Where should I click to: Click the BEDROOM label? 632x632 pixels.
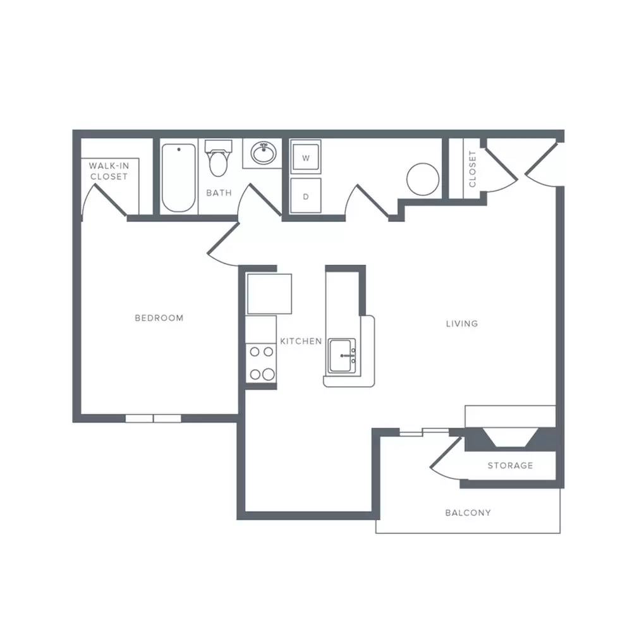pyautogui.click(x=159, y=318)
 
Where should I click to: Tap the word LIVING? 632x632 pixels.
pyautogui.click(x=462, y=324)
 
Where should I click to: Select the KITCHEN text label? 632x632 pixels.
pyautogui.click(x=301, y=341)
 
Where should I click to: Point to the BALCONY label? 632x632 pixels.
pyautogui.click(x=468, y=513)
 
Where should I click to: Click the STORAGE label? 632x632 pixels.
pyautogui.click(x=510, y=466)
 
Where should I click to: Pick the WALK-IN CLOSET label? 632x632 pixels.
pyautogui.click(x=109, y=171)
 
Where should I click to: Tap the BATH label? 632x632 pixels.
pyautogui.click(x=219, y=193)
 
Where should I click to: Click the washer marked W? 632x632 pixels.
pyautogui.click(x=305, y=157)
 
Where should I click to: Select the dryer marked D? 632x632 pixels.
pyautogui.click(x=305, y=196)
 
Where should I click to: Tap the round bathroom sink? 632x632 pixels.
pyautogui.click(x=263, y=153)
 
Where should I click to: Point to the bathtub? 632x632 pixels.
pyautogui.click(x=179, y=178)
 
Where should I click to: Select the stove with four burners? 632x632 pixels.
pyautogui.click(x=261, y=363)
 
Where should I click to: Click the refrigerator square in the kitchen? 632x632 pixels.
pyautogui.click(x=269, y=293)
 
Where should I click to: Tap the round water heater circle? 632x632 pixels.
pyautogui.click(x=422, y=179)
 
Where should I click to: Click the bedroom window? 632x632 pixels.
pyautogui.click(x=153, y=418)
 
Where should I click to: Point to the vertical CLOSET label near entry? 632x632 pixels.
pyautogui.click(x=472, y=169)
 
